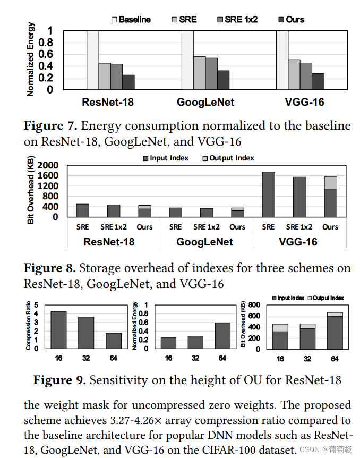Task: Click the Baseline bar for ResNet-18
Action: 92,60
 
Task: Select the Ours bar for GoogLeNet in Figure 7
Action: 223,80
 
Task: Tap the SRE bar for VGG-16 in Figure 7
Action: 294,74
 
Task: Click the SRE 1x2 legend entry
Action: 238,20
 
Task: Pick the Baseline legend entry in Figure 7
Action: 131,20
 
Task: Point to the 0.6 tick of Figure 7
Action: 46,54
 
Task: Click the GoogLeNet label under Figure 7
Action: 205,102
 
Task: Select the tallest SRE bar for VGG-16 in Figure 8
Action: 268,194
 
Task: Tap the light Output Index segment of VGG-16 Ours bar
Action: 330,183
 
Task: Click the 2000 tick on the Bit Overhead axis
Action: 48,165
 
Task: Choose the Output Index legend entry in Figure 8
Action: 228,158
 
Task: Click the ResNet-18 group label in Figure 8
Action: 109,242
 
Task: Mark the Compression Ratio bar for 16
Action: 59,330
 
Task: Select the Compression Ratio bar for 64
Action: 114,341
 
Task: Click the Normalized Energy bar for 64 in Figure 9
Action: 222,336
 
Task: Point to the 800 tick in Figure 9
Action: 254,305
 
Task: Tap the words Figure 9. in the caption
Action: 59,380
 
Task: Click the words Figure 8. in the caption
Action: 49,268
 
